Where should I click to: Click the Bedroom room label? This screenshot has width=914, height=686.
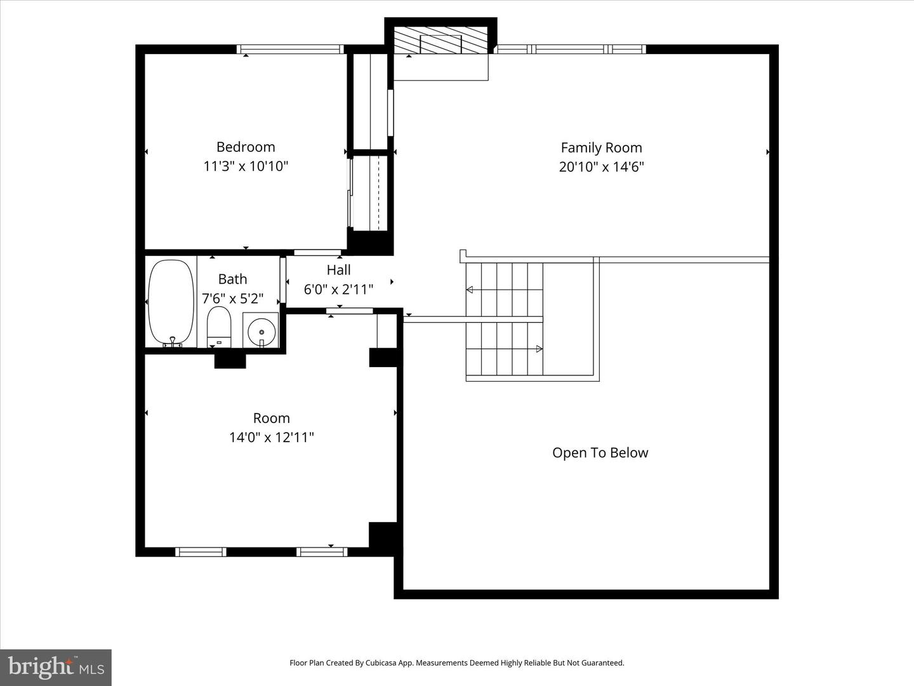[246, 147]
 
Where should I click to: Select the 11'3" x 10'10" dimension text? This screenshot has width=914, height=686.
[246, 166]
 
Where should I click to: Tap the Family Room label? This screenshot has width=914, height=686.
[601, 147]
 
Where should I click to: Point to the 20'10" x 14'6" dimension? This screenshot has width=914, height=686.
[601, 167]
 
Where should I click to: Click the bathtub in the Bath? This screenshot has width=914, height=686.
[171, 302]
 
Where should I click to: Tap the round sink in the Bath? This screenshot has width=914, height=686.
[261, 331]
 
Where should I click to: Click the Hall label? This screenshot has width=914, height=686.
[338, 270]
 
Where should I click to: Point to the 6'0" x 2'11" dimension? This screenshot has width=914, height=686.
[338, 290]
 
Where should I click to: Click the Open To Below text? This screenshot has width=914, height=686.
[600, 453]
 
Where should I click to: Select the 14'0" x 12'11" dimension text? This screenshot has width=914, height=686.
[271, 438]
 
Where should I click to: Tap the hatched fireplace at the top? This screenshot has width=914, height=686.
[442, 40]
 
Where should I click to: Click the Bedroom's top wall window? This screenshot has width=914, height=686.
[290, 49]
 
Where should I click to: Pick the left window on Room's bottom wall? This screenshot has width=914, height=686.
[201, 552]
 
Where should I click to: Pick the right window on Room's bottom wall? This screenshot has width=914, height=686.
[322, 552]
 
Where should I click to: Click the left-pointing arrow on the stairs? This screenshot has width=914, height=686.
[470, 290]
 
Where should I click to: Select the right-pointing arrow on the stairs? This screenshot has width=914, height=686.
[539, 349]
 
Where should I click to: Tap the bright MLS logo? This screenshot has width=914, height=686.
[56, 667]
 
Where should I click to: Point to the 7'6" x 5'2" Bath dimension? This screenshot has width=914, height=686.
[232, 299]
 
